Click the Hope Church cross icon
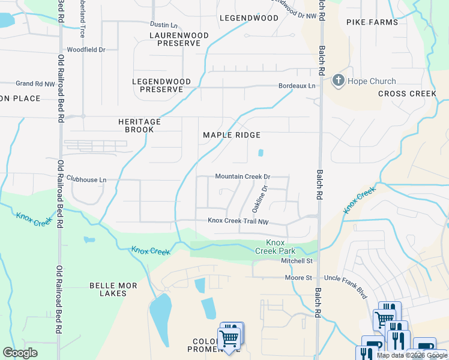(x=338, y=81)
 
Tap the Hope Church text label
(x=372, y=81)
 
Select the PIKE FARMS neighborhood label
(x=372, y=22)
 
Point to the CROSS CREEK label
(x=407, y=94)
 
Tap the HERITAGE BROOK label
(x=139, y=125)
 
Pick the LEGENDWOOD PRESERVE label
(x=161, y=85)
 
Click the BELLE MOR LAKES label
(x=113, y=289)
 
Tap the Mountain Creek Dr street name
(x=243, y=177)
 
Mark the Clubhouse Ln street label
(x=86, y=179)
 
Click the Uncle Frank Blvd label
(x=345, y=278)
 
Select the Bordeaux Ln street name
(x=297, y=86)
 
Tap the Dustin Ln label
(x=164, y=25)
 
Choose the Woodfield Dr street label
(x=86, y=50)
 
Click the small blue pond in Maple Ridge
(x=261, y=153)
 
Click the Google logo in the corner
(x=20, y=353)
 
